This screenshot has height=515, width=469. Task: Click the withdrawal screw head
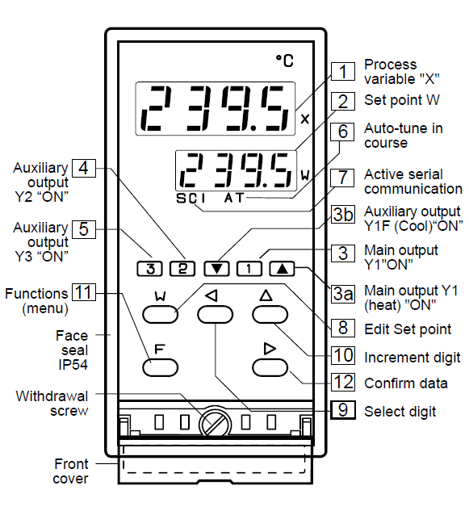point(215,422)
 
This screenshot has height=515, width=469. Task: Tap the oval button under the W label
point(161,314)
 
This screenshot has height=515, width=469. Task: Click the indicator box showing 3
point(150,269)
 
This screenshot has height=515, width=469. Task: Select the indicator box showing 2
point(182,269)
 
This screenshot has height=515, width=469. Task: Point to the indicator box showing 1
point(249,269)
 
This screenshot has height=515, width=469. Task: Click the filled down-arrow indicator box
point(216,269)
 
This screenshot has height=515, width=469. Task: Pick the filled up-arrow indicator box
point(282,269)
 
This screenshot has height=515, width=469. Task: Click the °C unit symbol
point(284,61)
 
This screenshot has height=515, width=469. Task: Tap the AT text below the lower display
point(234,198)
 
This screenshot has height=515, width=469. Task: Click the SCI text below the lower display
point(191,199)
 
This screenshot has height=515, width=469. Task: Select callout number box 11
point(84,292)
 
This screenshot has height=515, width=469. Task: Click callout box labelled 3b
point(343,214)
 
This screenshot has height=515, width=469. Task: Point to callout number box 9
point(343,410)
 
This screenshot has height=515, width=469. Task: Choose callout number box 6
point(342,132)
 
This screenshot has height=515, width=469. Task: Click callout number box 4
point(84,168)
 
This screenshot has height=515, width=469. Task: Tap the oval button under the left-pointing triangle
point(215,314)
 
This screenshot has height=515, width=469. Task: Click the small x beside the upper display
point(305,119)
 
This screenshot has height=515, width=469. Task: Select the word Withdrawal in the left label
point(52,396)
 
